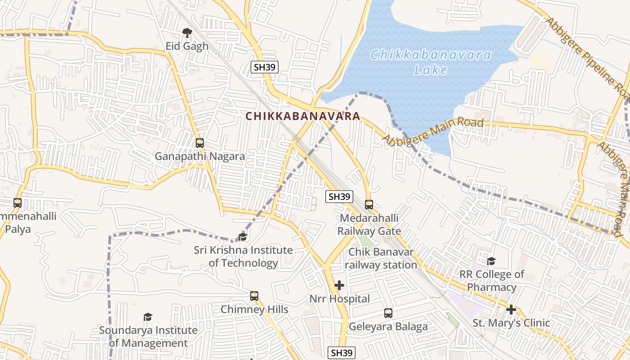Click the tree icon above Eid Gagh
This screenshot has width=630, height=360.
coord(187,32)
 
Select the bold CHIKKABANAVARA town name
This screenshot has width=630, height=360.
coord(303,116)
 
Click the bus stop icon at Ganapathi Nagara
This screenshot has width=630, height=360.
coord(199,143)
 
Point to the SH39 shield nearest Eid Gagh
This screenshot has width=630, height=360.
coord(265,67)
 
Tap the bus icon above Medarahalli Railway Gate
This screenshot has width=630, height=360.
coord(369,205)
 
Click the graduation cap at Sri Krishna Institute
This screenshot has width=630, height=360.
coord(243,237)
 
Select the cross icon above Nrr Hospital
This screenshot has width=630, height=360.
coord(339,285)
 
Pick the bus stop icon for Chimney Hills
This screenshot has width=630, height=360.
coord(254,296)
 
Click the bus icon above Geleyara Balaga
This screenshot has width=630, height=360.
coord(388,313)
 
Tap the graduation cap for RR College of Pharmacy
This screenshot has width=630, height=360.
coord(491,261)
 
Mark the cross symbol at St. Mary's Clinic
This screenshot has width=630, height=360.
coord(511,310)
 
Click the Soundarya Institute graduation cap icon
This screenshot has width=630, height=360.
coord(148,317)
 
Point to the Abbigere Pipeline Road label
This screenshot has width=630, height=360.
coord(588,58)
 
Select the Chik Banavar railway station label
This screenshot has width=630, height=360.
coord(381,258)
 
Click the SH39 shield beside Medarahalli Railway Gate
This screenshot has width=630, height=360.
coord(339,197)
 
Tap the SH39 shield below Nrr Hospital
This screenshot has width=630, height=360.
coord(342,353)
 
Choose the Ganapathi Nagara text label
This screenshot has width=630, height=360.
coord(200,157)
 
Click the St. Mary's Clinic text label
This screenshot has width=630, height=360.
coord(511,323)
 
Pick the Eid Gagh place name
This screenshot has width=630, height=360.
coord(187,46)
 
